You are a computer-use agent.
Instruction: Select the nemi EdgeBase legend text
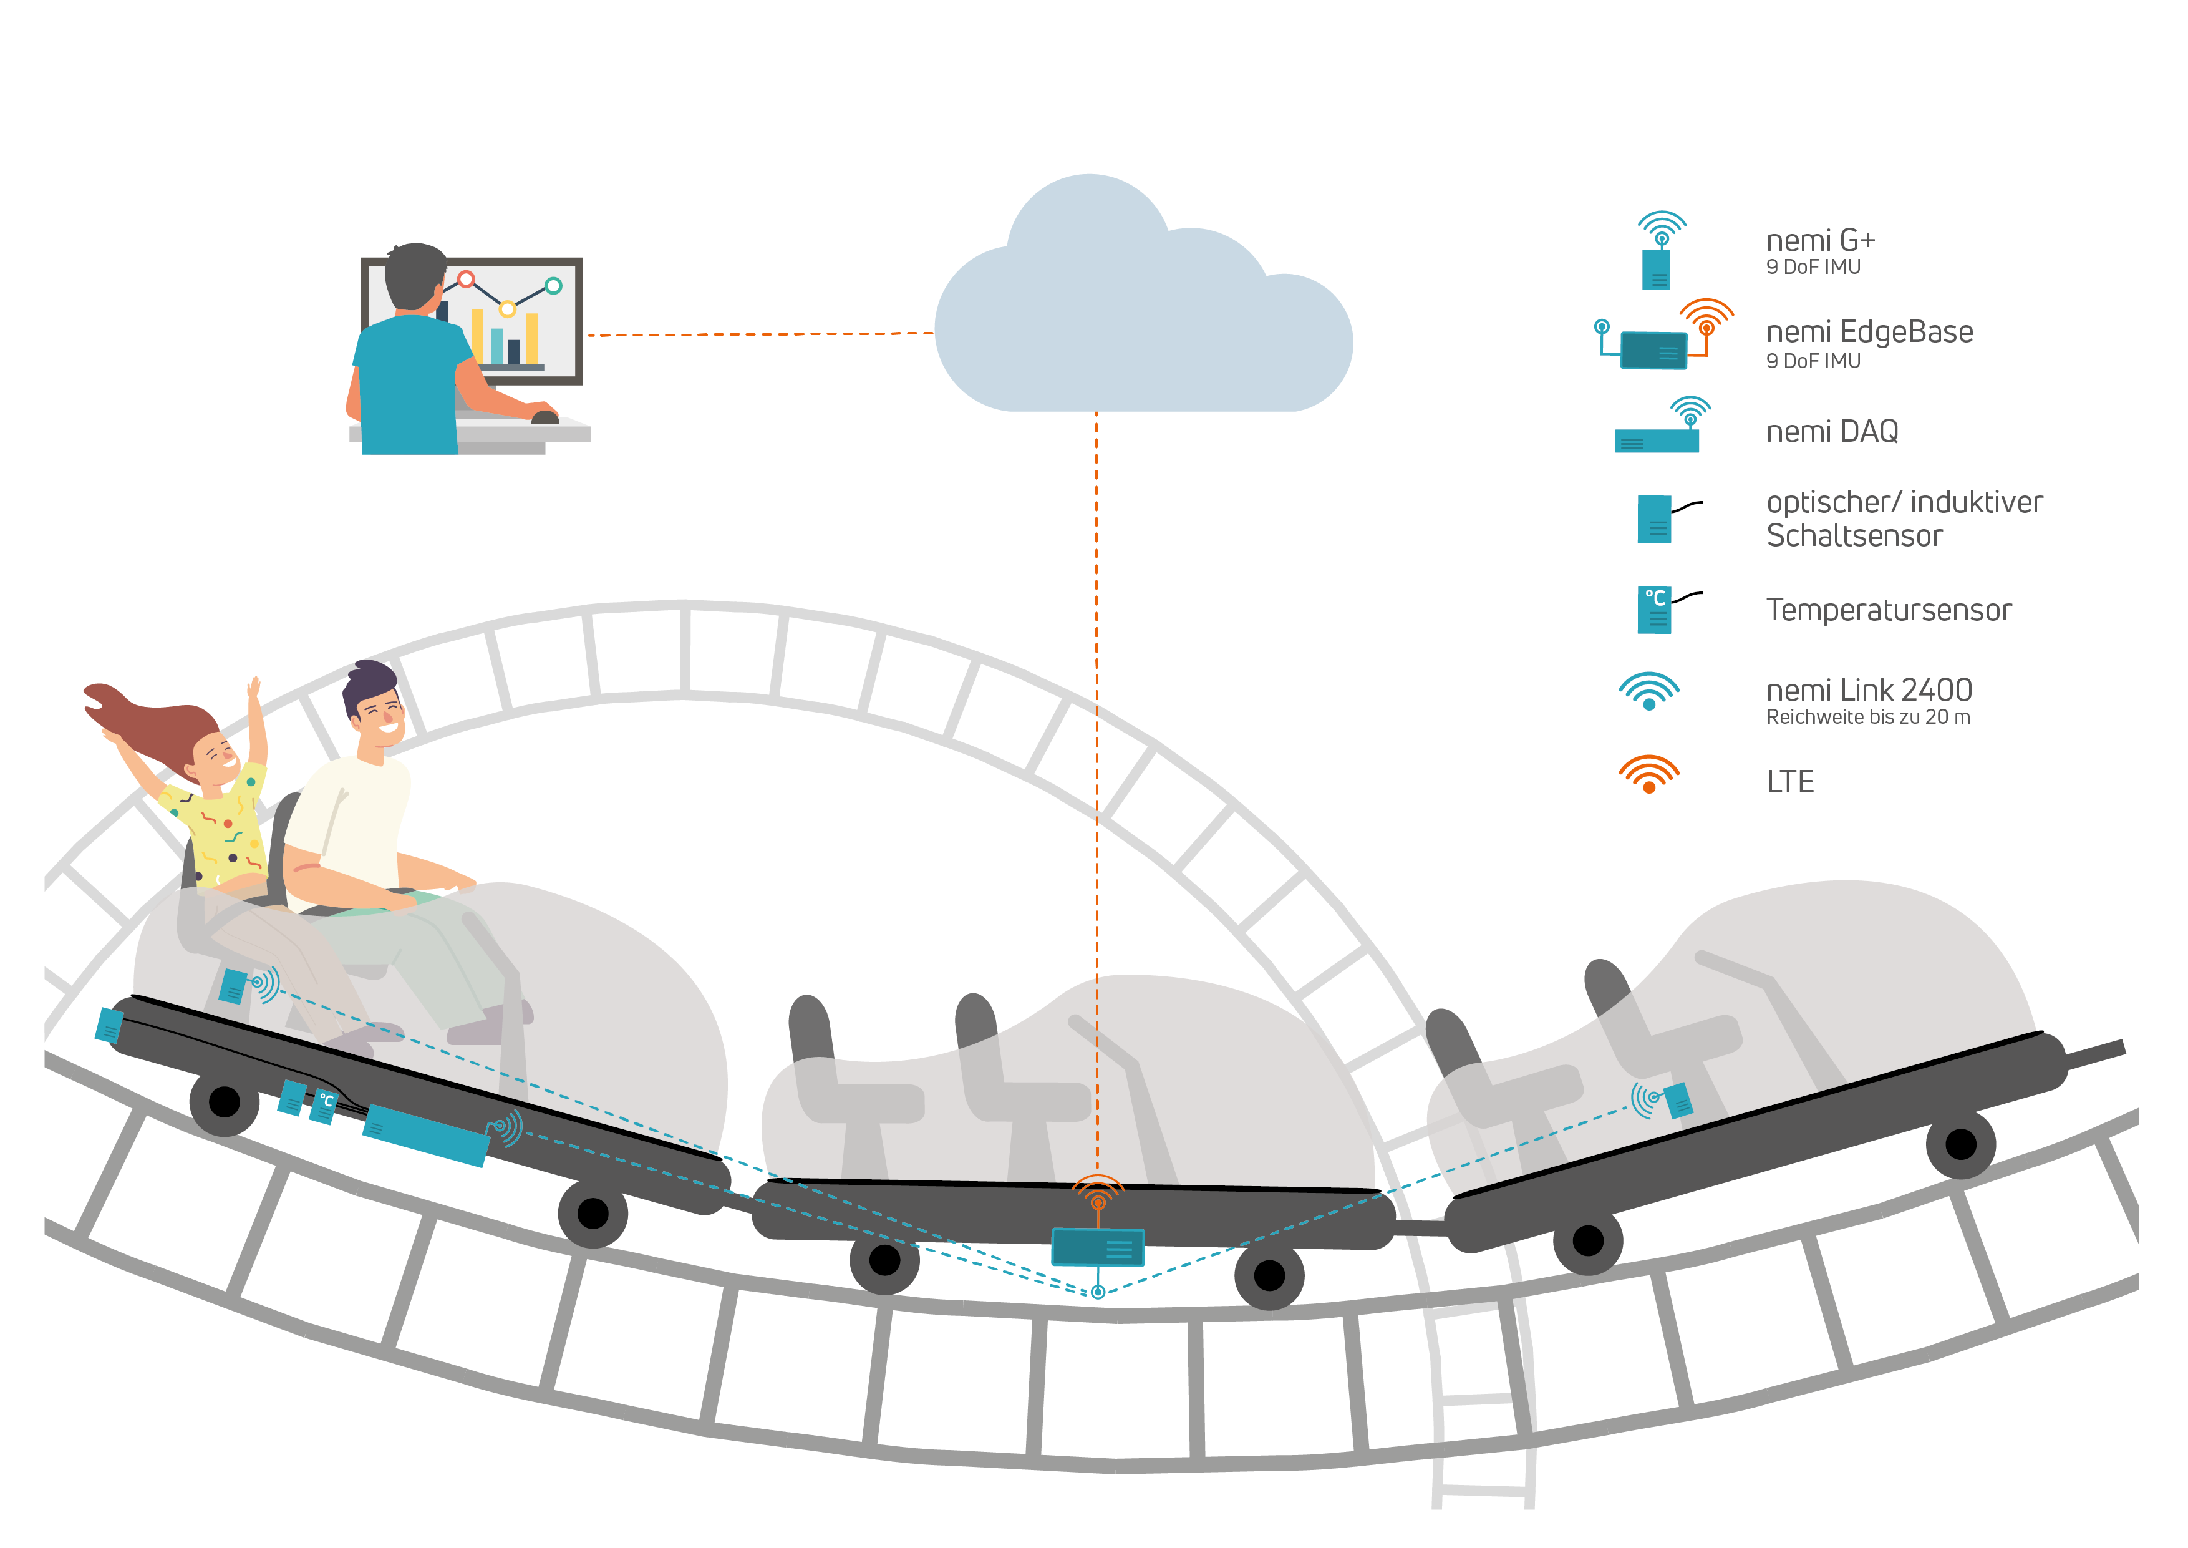coord(1869,332)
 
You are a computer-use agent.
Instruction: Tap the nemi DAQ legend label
coord(1832,432)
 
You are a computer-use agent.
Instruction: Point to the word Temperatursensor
coord(1888,610)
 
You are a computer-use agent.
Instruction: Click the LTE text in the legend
coord(1789,782)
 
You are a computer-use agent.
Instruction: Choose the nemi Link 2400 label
coord(1868,689)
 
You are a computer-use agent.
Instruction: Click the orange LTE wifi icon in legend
coord(1648,774)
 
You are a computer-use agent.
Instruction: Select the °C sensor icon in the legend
coord(1654,610)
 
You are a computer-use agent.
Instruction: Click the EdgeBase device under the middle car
coord(1097,1247)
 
